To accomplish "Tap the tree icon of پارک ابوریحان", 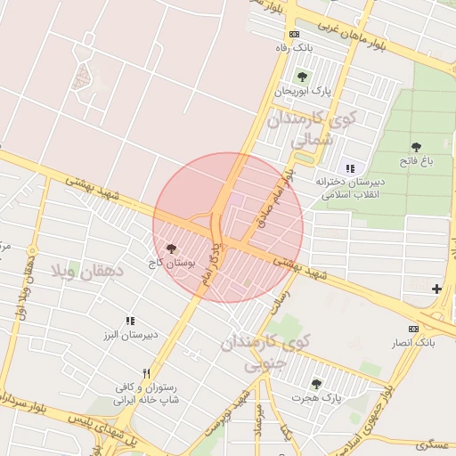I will tap(302, 76).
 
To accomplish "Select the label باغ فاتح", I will tap(416, 161).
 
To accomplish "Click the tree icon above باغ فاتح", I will tap(416, 147).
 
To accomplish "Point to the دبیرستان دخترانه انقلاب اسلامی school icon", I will tap(349, 167).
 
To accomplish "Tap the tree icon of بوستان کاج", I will tap(171, 249).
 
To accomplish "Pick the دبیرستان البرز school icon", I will tap(130, 320).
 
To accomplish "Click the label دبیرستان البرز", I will tap(131, 335).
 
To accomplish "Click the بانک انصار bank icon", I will tap(412, 328).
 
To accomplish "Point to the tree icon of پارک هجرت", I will tap(316, 383).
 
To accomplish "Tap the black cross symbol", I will tap(436, 289).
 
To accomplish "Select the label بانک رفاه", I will tap(294, 47).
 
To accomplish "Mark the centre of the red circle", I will tap(228, 227).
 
